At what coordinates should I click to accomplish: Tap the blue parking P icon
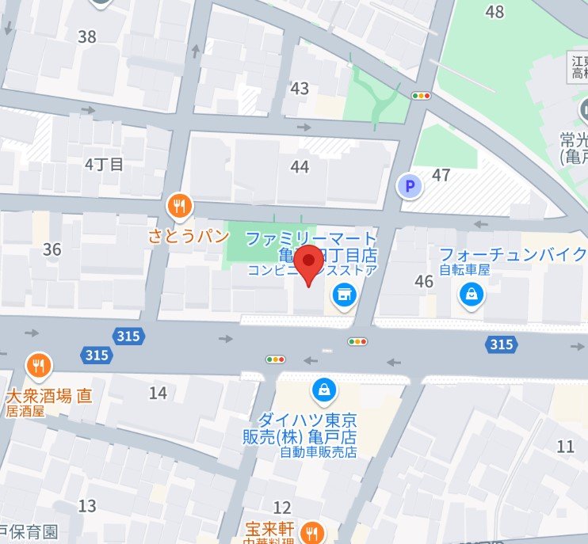pos(409,187)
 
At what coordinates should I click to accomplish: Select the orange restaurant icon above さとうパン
pos(181,207)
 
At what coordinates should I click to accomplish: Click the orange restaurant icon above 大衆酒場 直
pos(37,365)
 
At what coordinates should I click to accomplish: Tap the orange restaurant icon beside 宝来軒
pos(314,533)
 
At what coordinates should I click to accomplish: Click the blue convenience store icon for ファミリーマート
pos(344,295)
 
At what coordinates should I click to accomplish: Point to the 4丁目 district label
pos(105,165)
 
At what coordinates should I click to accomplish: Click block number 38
pos(87,36)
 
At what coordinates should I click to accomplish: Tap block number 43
pos(300,89)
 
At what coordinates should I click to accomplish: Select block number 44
pos(300,166)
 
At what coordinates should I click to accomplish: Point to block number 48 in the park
pos(495,12)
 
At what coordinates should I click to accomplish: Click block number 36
pos(52,250)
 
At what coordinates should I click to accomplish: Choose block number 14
pos(158,393)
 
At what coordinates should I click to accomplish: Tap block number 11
pos(565,447)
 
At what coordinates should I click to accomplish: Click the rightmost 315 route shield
pos(501,344)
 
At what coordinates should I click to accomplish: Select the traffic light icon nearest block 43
pos(421,96)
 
